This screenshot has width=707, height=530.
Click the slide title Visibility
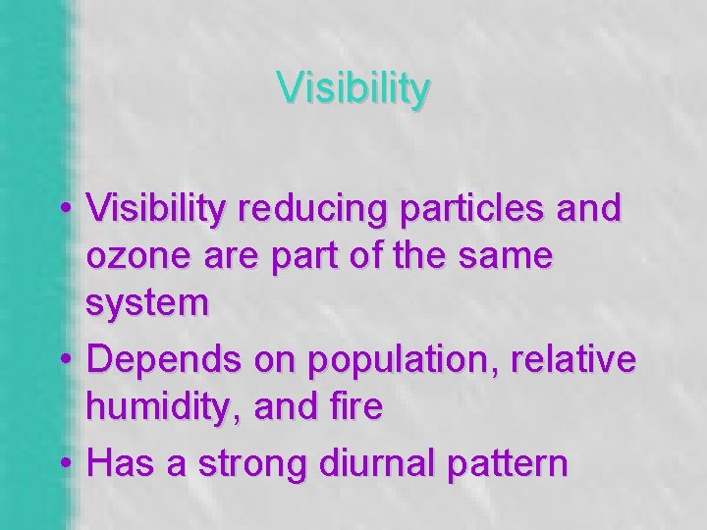coord(353,88)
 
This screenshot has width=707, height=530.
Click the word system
coord(147,304)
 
